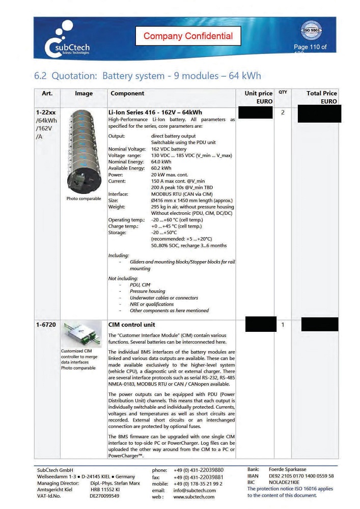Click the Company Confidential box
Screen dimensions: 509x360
tap(188, 36)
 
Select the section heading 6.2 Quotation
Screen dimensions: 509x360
tap(147, 76)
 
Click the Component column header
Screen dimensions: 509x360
tap(127, 94)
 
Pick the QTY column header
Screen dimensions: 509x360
tap(283, 93)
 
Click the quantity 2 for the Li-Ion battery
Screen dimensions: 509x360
tap(283, 112)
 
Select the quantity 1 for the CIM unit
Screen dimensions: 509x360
tap(283, 324)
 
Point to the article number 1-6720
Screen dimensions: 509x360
tap(46, 324)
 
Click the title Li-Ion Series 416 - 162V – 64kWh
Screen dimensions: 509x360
tap(155, 112)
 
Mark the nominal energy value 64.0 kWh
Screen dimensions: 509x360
tap(161, 162)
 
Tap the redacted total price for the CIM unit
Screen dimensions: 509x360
tap(319, 324)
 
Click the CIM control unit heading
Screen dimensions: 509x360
tap(132, 324)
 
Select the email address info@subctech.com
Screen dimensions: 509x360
tap(195, 490)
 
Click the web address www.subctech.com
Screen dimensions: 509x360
tap(194, 497)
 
